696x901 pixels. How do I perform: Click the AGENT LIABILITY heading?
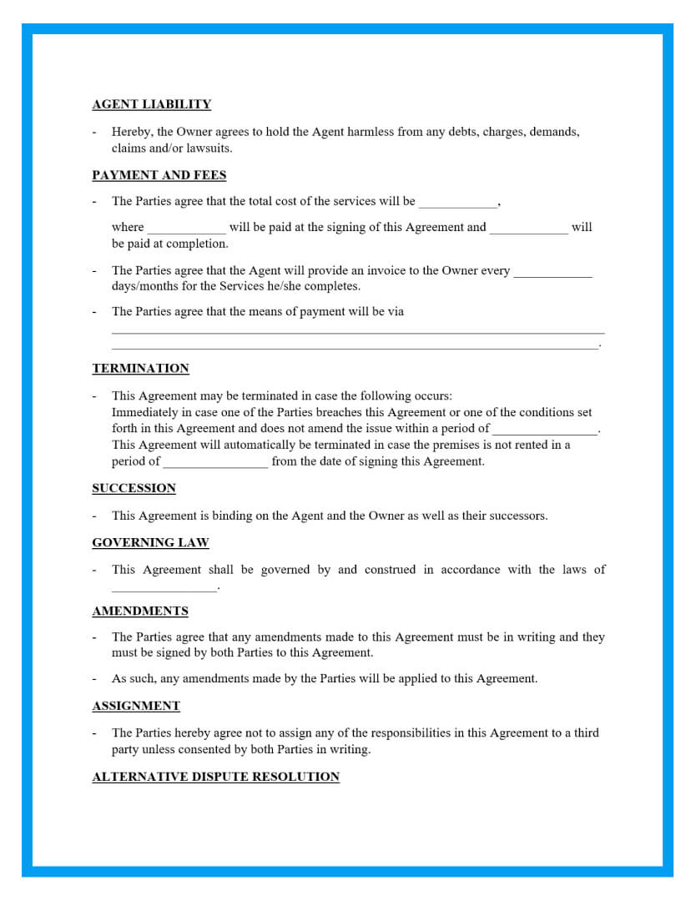tap(151, 104)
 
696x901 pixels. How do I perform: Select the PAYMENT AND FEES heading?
tap(159, 175)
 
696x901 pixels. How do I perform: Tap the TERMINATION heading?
tap(140, 369)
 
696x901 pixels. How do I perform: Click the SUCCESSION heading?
tap(134, 488)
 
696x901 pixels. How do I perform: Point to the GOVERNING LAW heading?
tap(150, 543)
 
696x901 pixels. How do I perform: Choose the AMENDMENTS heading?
tap(140, 612)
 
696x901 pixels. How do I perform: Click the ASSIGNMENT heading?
tap(136, 706)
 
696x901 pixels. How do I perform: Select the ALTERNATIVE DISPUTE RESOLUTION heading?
tap(215, 777)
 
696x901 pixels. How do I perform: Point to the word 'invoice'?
tap(361, 270)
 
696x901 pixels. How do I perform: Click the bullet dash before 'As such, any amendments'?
tap(94, 679)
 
